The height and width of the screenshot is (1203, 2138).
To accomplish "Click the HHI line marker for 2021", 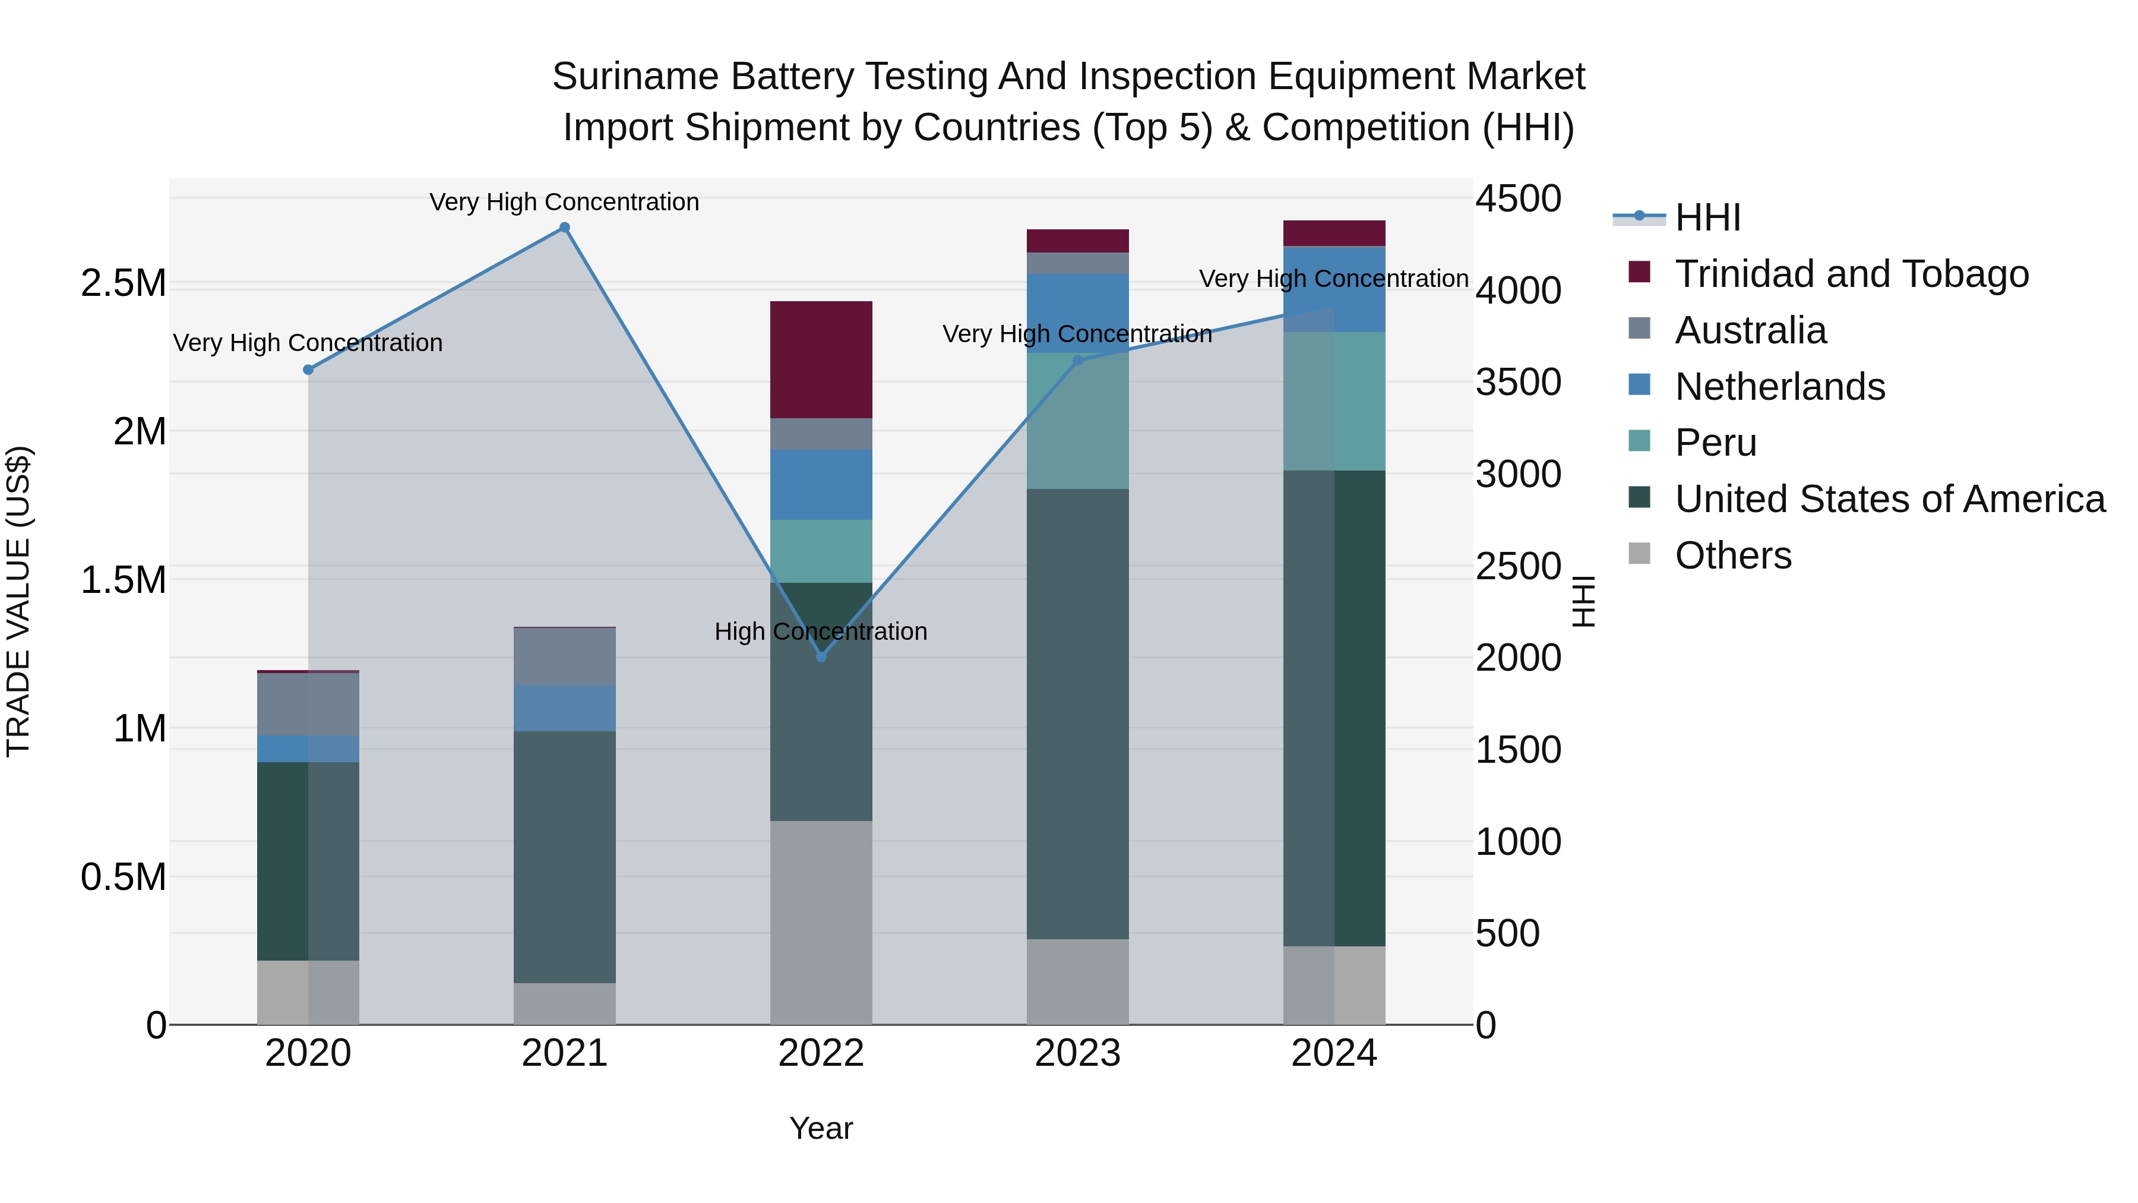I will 564,228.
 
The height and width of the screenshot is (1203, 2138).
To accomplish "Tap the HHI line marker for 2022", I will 821,656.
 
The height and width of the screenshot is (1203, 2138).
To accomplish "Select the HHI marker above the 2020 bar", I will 308,370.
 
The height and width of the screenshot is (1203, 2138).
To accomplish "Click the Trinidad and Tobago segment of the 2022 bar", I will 821,359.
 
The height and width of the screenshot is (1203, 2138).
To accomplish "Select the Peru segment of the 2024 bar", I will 1334,401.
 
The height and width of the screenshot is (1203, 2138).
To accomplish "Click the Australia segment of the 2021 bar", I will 564,656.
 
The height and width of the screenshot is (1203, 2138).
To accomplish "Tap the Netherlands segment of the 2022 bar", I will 821,485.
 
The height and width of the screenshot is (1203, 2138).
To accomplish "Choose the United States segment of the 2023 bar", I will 1077,714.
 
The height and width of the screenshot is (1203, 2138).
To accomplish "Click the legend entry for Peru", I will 1715,443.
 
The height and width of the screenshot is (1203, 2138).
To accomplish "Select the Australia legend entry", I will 1750,330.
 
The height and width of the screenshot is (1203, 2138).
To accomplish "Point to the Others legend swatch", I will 1639,554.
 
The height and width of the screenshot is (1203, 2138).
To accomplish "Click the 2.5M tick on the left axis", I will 123,283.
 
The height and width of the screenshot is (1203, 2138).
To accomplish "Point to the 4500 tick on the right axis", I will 1518,199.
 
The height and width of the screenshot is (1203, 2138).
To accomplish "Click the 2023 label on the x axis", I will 1077,1053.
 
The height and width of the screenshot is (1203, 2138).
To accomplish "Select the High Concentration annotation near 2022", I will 820,632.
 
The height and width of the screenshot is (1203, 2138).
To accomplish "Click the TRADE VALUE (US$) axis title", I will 18,601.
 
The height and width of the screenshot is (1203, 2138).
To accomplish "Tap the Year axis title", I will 821,1128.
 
